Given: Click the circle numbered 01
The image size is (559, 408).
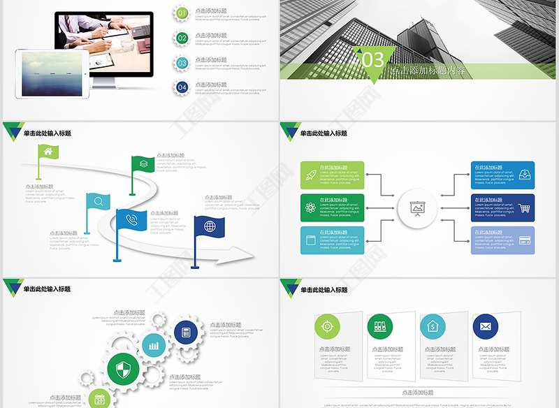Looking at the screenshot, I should (182, 13).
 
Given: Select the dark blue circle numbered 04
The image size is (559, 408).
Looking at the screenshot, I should (182, 87).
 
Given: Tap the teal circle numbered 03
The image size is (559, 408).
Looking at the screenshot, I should (182, 63).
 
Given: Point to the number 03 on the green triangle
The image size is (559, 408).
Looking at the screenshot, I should (373, 59).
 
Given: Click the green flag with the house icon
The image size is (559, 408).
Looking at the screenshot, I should (48, 152).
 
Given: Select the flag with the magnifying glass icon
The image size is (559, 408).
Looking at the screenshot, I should (99, 203).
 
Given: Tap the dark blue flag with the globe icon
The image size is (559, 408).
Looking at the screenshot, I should (210, 226).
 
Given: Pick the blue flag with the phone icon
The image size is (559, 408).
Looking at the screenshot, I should (131, 219).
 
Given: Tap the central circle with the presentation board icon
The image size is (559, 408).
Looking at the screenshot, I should (418, 207).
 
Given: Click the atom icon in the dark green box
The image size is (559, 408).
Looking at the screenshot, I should (310, 207).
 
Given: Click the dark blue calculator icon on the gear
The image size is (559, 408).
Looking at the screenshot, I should (186, 333).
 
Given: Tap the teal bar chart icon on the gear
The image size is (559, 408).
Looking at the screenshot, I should (154, 345).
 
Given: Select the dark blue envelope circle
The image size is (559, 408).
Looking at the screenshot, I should (485, 326).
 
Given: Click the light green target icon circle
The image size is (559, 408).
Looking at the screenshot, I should (325, 326).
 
